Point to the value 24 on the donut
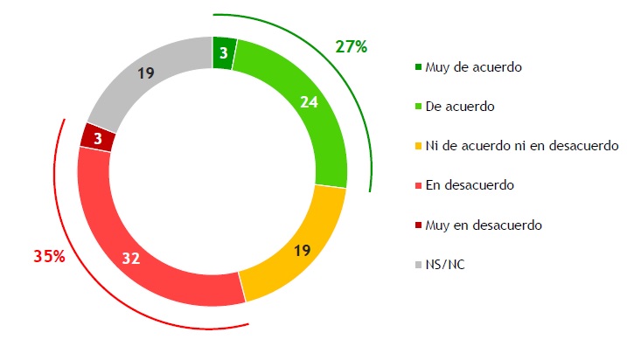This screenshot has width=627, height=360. click(x=309, y=102)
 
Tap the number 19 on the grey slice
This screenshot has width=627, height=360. click(x=147, y=74)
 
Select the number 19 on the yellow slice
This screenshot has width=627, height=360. click(x=301, y=249)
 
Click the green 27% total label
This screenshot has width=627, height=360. click(x=352, y=47)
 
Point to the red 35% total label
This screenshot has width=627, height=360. click(x=49, y=257)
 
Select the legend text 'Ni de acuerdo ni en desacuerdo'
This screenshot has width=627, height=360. click(x=521, y=145)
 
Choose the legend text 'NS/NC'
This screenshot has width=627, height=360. click(x=444, y=265)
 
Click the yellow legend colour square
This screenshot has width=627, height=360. click(x=418, y=145)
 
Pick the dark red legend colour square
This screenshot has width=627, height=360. click(x=418, y=225)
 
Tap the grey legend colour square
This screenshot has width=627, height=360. click(x=418, y=265)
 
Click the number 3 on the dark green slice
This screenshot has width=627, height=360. click(x=224, y=53)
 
